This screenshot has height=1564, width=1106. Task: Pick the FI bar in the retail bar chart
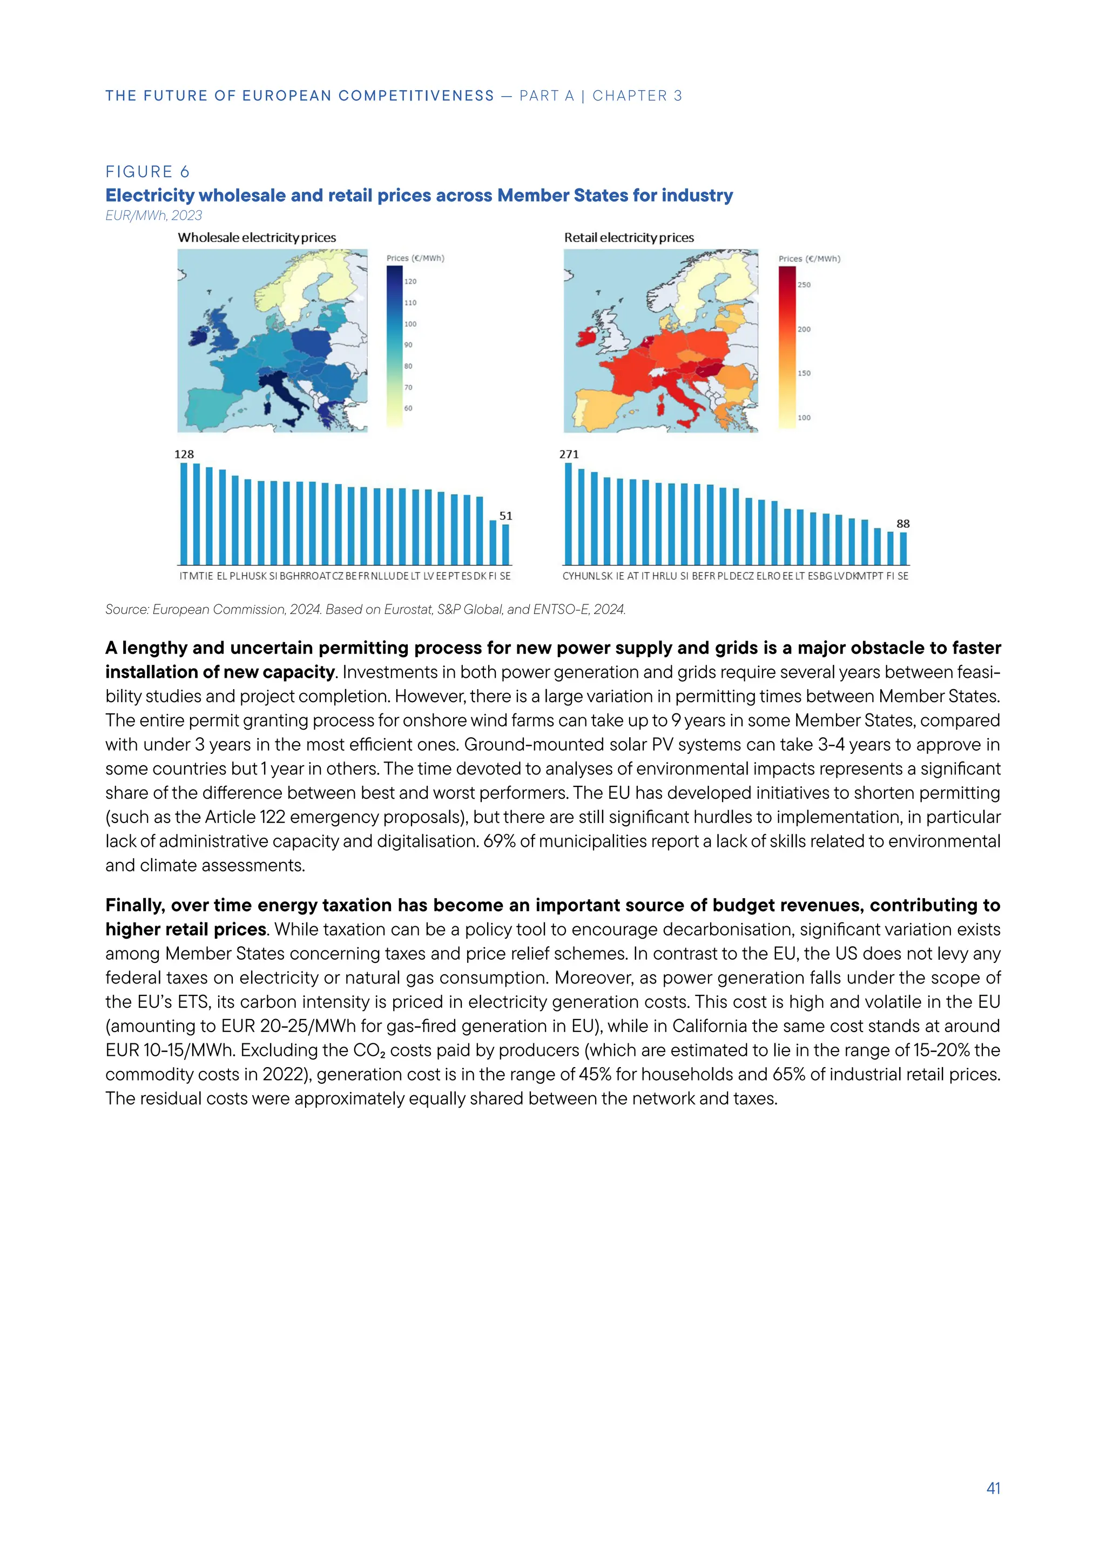point(890,548)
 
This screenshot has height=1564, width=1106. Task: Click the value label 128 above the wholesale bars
point(184,454)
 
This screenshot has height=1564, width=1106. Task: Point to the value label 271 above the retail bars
point(569,454)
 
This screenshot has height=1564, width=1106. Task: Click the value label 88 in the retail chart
point(902,524)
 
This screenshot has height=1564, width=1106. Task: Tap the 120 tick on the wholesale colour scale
point(410,281)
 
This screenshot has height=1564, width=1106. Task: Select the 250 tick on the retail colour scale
point(804,285)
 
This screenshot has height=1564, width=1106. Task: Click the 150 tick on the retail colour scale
point(804,373)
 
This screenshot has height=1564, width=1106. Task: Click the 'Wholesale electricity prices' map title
point(257,238)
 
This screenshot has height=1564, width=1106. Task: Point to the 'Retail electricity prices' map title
point(629,238)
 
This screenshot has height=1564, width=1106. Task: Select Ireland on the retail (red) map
point(585,337)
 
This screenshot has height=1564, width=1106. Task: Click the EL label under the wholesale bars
point(222,576)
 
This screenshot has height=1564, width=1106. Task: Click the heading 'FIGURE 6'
point(147,172)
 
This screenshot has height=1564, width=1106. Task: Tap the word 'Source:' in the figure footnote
point(127,610)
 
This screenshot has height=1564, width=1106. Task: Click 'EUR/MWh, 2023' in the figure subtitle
point(154,216)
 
